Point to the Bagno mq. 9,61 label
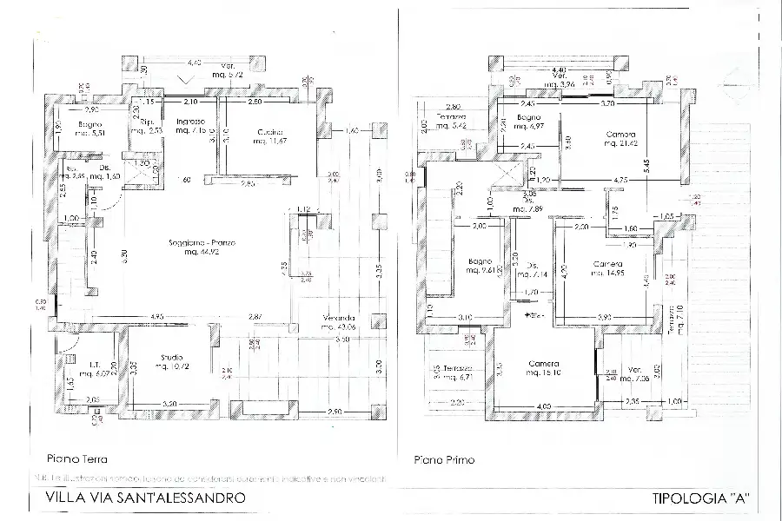480,265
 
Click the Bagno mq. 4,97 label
528,122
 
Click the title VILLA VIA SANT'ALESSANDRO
143,498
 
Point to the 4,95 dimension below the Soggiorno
157,315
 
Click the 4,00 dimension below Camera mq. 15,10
543,406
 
